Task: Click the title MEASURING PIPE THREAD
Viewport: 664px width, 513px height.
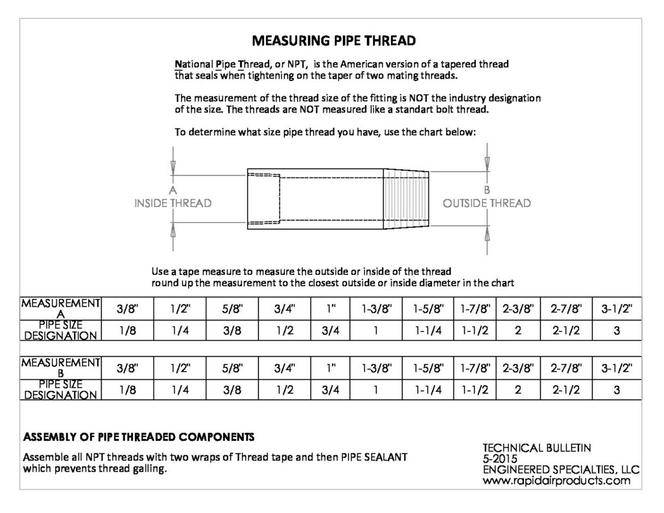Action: point(333,41)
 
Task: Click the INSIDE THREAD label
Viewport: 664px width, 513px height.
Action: point(172,204)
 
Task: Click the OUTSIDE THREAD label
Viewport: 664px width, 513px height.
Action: point(486,204)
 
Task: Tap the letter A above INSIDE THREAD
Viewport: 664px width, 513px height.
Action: point(172,191)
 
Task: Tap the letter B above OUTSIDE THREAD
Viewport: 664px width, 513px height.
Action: point(486,191)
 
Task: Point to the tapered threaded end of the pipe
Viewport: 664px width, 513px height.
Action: point(407,199)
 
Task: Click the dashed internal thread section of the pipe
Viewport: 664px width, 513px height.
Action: point(264,198)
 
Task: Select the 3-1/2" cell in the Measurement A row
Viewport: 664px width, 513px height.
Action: point(616,309)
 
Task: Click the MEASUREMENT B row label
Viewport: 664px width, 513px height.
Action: point(61,367)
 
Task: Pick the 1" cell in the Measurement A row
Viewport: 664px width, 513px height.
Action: point(330,309)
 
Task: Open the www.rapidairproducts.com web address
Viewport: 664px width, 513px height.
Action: point(556,481)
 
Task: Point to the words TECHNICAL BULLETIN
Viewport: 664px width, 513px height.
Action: point(537,447)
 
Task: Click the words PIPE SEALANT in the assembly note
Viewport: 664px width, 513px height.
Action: point(374,457)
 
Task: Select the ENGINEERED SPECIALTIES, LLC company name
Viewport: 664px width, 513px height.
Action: point(562,470)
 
